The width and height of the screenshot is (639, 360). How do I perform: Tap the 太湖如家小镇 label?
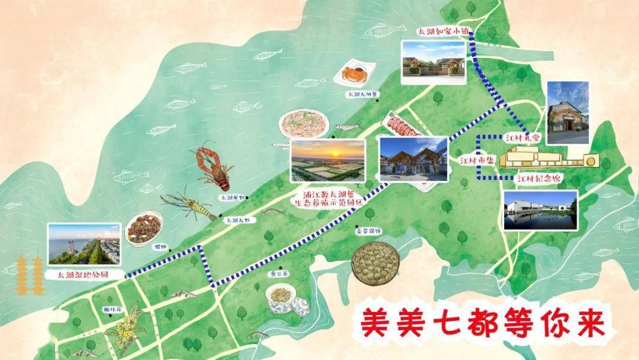(438, 32)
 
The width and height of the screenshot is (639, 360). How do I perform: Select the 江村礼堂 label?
(523, 137)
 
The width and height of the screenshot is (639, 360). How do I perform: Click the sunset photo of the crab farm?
(328, 160)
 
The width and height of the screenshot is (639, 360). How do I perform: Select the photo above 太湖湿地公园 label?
(84, 244)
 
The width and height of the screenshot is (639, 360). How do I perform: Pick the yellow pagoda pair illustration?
(30, 273)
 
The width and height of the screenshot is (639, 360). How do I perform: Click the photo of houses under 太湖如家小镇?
(433, 60)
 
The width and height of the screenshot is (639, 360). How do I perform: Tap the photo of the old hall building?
(567, 112)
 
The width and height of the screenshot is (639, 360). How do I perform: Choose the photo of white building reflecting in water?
(540, 210)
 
